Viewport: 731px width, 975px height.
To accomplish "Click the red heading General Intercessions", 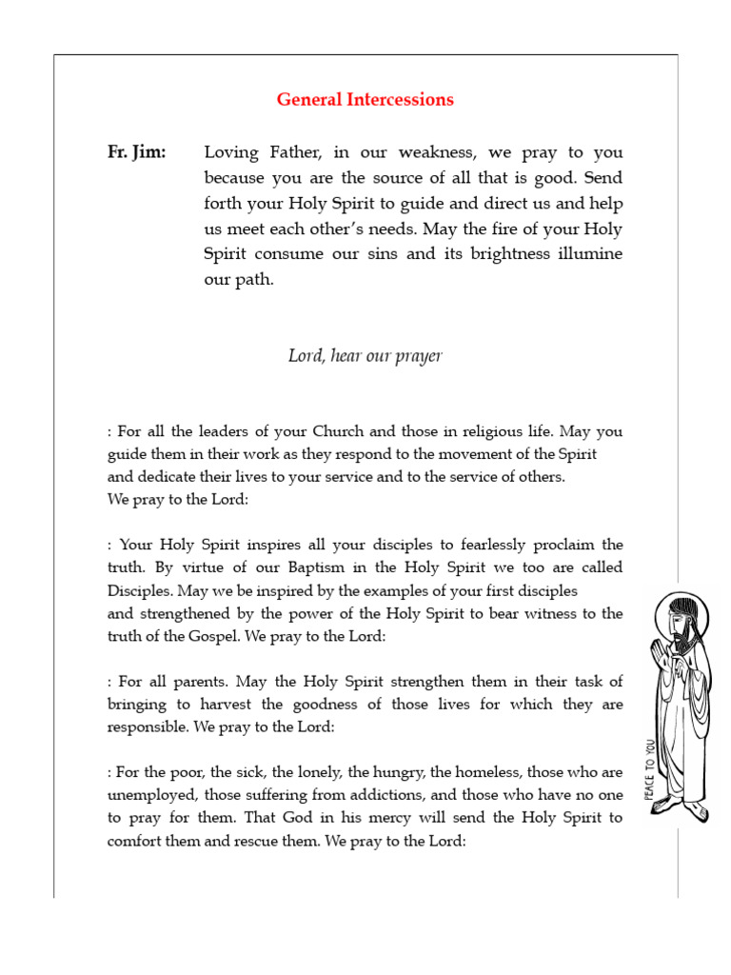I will pos(365,100).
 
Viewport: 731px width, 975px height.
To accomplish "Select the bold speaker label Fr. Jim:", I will pos(136,152).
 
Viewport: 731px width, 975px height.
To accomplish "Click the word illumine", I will pos(589,255).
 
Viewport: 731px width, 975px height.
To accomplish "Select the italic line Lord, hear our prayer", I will pos(365,356).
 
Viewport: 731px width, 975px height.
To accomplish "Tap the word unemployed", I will pos(148,795).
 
